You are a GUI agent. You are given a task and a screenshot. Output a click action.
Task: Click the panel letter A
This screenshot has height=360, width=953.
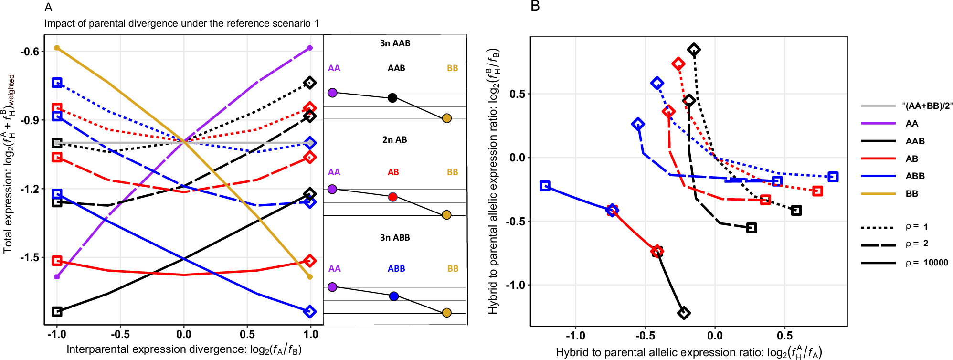(x=48, y=8)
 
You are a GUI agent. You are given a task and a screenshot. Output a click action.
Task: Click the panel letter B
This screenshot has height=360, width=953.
(x=535, y=7)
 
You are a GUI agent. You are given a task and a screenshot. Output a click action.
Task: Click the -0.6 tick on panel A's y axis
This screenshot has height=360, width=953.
(x=30, y=52)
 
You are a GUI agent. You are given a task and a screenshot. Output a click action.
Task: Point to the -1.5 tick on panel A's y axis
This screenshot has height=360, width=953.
(x=30, y=258)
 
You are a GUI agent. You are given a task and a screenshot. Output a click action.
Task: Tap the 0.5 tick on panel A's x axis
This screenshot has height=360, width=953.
(x=247, y=335)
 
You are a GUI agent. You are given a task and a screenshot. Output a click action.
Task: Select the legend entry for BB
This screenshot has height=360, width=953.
(x=911, y=194)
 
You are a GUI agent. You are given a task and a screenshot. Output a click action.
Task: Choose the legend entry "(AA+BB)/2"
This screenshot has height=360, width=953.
(x=927, y=106)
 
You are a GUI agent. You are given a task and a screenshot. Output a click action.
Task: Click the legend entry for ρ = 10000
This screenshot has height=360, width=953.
(x=927, y=263)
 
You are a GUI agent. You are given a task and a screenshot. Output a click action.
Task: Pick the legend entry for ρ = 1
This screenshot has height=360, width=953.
(x=917, y=227)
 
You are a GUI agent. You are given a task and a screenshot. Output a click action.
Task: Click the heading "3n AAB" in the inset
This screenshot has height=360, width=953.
(x=395, y=43)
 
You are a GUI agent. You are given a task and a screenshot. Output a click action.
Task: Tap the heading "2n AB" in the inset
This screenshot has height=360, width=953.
(x=394, y=140)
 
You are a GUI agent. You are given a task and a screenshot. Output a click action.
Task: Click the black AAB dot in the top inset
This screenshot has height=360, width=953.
(x=392, y=98)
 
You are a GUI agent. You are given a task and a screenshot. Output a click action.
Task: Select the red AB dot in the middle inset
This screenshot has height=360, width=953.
(x=392, y=197)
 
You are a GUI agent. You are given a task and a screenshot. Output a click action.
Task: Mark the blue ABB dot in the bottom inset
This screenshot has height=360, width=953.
(x=393, y=296)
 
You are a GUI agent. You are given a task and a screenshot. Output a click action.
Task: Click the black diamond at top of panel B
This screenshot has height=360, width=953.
(x=694, y=50)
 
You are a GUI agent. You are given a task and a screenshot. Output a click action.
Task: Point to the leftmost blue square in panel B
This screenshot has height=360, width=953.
(x=545, y=186)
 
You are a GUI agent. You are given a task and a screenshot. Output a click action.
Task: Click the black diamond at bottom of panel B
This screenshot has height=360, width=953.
(x=684, y=313)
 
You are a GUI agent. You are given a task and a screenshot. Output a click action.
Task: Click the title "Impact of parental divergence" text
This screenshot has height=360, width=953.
(x=181, y=23)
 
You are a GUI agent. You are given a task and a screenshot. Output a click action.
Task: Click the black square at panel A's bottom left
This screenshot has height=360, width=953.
(x=57, y=312)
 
